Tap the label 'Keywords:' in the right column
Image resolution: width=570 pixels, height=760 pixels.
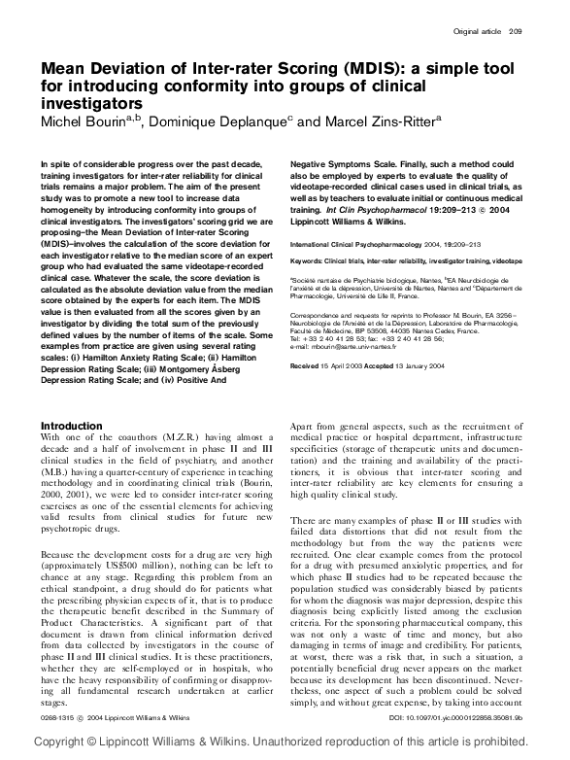[311, 261]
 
